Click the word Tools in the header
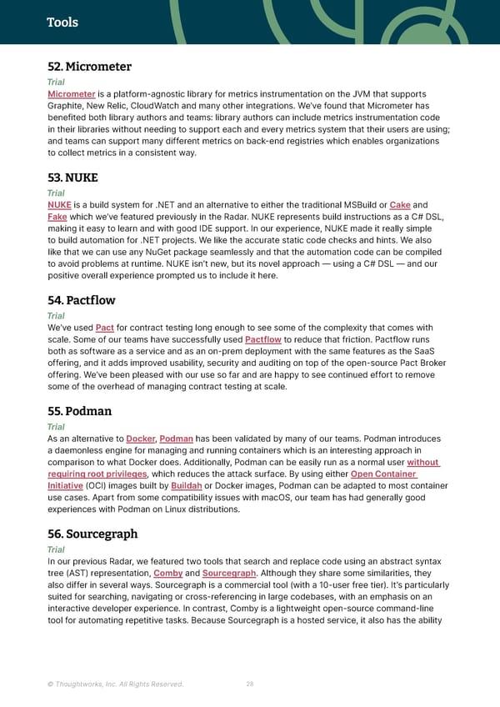(62, 23)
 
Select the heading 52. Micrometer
(90, 67)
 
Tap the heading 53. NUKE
(72, 178)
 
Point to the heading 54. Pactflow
(82, 300)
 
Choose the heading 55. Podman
(80, 411)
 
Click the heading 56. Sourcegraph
(92, 534)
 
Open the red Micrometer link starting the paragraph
(71, 94)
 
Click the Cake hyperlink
(400, 205)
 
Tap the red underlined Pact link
(105, 328)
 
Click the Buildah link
(185, 485)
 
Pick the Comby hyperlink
(168, 573)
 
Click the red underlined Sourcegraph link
(229, 573)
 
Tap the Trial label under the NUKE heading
(56, 193)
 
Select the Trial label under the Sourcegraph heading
(56, 549)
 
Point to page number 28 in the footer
(250, 684)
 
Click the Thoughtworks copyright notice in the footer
(116, 684)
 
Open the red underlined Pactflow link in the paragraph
(264, 339)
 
